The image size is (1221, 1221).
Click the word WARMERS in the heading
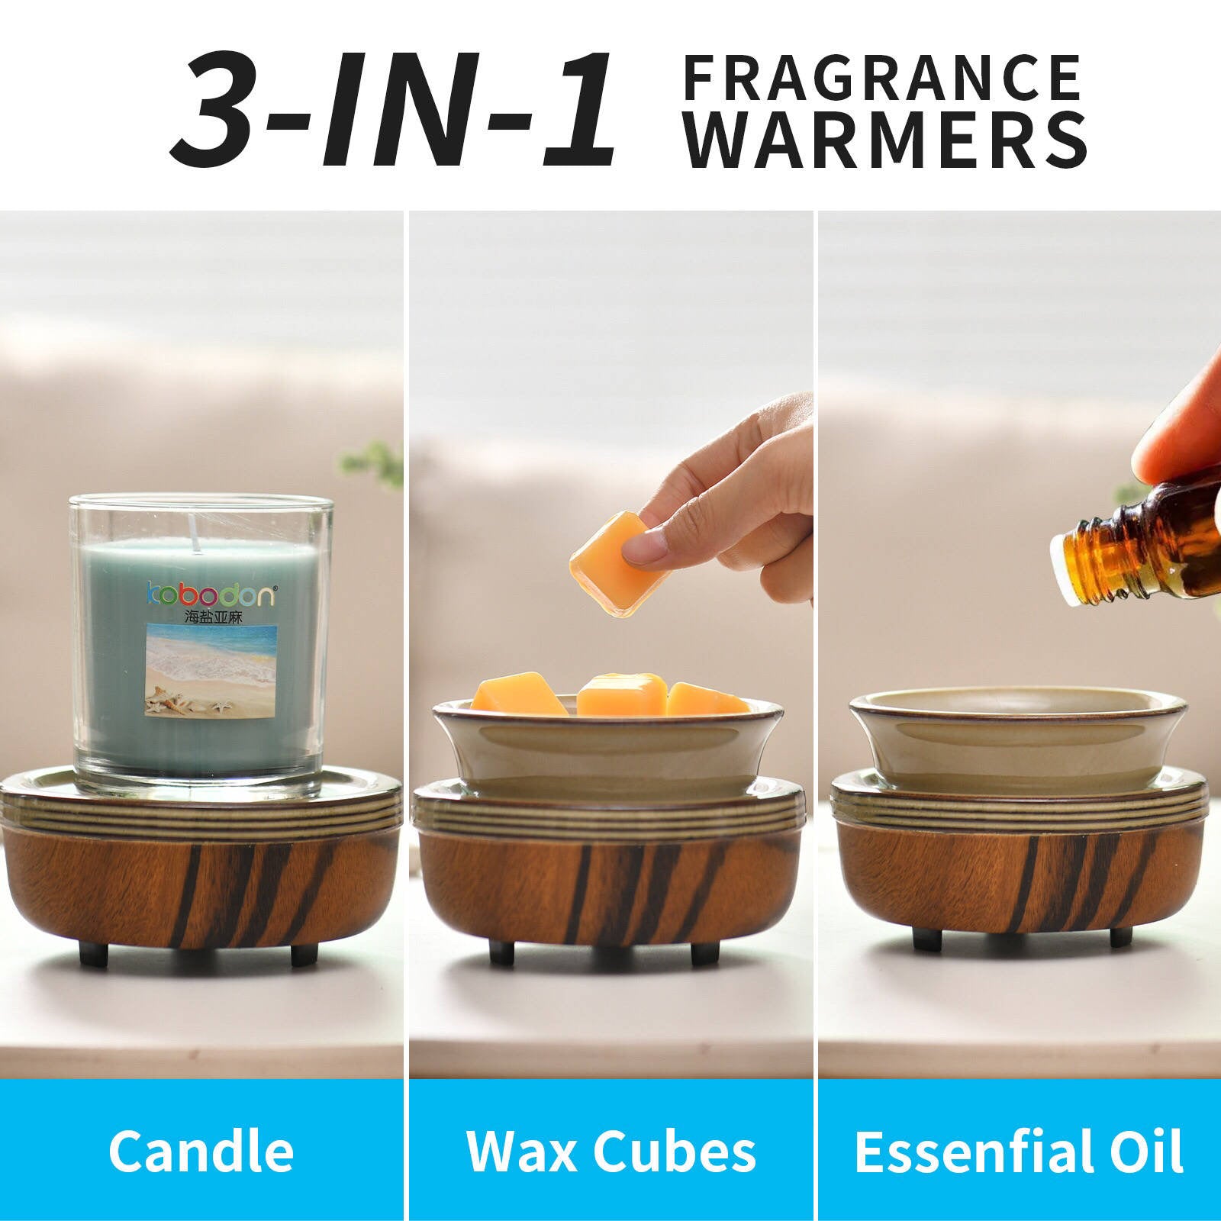(x=885, y=140)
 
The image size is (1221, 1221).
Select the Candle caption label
(x=201, y=1150)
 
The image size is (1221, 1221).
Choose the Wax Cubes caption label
(x=610, y=1150)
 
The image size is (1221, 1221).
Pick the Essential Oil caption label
(x=1019, y=1150)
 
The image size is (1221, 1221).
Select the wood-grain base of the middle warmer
(x=610, y=885)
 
